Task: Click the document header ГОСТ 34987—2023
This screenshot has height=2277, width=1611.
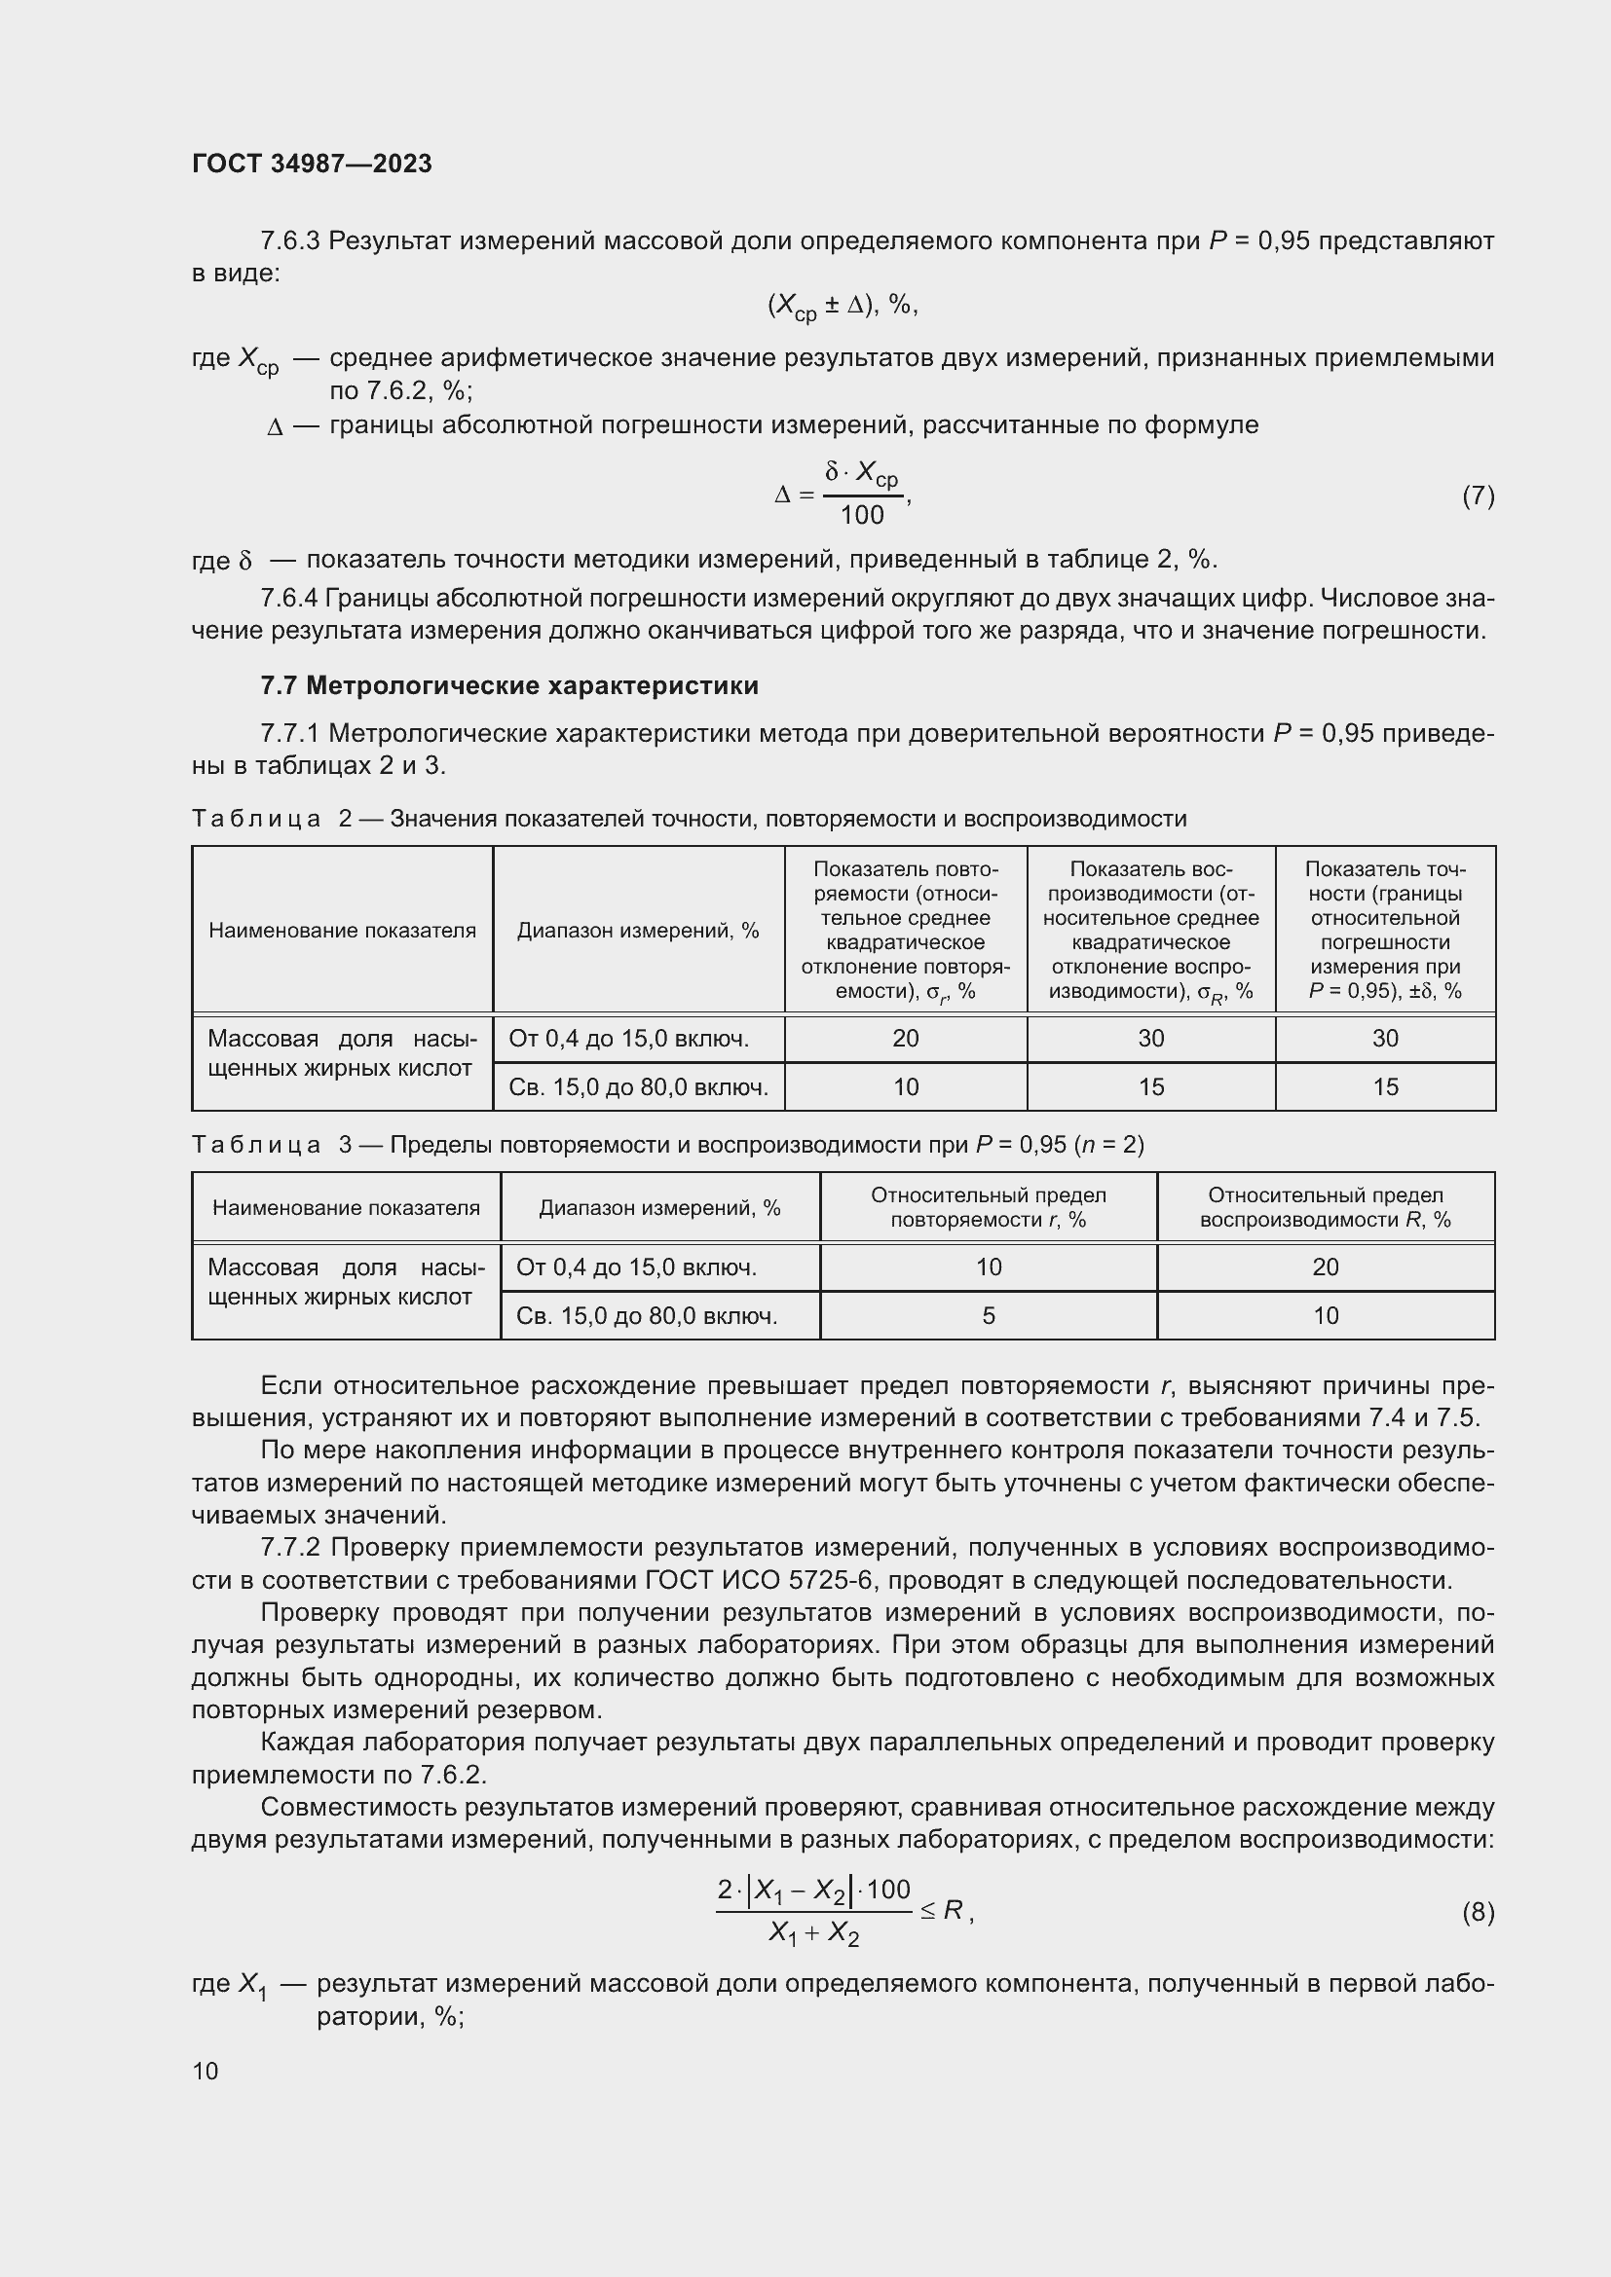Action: (312, 164)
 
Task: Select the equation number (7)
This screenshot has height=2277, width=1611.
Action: (1478, 496)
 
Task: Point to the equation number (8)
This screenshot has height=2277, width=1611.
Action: (1478, 1911)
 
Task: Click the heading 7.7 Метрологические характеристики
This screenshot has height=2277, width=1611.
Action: (508, 685)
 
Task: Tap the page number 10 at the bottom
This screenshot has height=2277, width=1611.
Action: (206, 2071)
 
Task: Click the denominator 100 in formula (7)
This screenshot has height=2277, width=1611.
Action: (861, 516)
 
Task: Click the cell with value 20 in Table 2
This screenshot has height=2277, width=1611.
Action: (905, 1039)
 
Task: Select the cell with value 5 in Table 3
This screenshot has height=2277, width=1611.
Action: (988, 1316)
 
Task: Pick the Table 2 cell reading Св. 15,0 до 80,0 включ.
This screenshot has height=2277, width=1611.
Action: (638, 1087)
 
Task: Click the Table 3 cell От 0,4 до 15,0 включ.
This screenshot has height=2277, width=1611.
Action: (636, 1267)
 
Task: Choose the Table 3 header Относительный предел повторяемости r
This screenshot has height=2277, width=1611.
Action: (988, 1207)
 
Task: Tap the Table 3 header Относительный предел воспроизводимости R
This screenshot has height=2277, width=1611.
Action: (1326, 1207)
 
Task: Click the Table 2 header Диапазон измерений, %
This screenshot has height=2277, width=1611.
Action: (638, 931)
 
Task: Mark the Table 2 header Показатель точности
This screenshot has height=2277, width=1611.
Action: (1385, 930)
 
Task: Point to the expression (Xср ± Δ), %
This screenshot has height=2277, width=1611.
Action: (843, 306)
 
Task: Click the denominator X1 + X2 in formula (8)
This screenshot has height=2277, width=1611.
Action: (813, 1933)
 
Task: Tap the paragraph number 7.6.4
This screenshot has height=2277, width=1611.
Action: (288, 598)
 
